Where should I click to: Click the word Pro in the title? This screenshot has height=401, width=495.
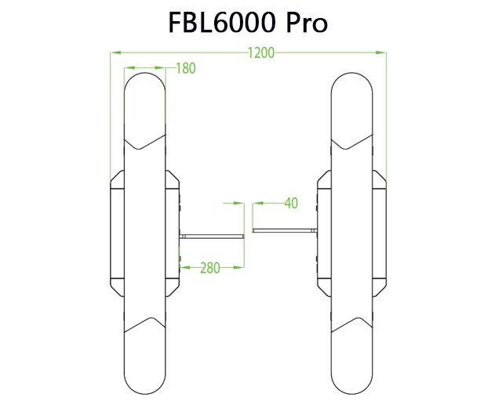tap(306, 23)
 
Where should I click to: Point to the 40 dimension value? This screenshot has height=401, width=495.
tap(290, 204)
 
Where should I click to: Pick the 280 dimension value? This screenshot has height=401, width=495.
tap(209, 268)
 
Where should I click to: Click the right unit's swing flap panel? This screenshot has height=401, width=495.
tap(285, 230)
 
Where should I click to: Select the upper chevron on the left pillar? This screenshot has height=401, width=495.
tap(146, 143)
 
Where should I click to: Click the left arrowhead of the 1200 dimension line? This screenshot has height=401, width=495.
tap(115, 53)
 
